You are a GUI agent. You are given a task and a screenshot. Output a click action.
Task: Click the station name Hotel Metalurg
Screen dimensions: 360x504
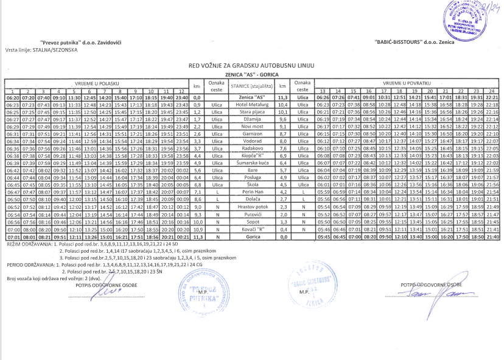click(251, 105)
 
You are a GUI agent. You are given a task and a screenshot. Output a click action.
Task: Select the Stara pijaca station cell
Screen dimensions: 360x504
click(251, 112)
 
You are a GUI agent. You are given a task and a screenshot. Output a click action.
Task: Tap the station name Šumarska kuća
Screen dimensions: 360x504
click(251, 163)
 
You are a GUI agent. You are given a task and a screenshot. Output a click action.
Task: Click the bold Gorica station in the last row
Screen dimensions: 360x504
click(251, 236)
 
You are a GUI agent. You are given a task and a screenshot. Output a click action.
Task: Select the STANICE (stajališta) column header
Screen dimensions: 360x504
click(251, 86)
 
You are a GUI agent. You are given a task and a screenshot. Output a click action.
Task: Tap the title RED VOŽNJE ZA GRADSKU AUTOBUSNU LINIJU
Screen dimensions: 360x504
click(251, 63)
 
